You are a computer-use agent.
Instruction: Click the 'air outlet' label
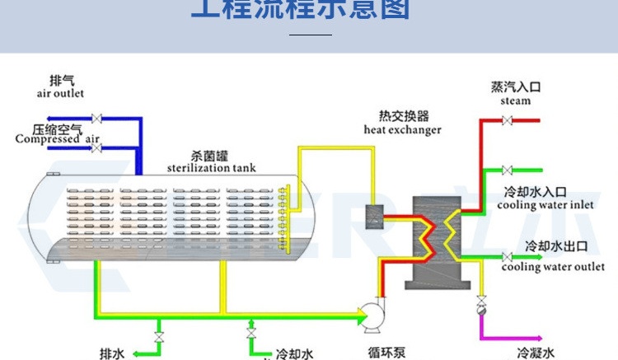(60, 94)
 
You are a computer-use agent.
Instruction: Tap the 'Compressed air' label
(57, 139)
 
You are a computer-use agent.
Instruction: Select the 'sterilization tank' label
(211, 168)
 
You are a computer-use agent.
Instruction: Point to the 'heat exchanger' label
(402, 129)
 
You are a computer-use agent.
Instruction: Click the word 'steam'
(516, 101)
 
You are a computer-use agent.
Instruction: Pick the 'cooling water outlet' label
(553, 267)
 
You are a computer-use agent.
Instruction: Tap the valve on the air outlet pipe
(96, 118)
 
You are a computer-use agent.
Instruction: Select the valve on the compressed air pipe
(96, 148)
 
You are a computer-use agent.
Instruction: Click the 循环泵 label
(385, 353)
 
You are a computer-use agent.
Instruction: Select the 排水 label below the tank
(112, 353)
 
